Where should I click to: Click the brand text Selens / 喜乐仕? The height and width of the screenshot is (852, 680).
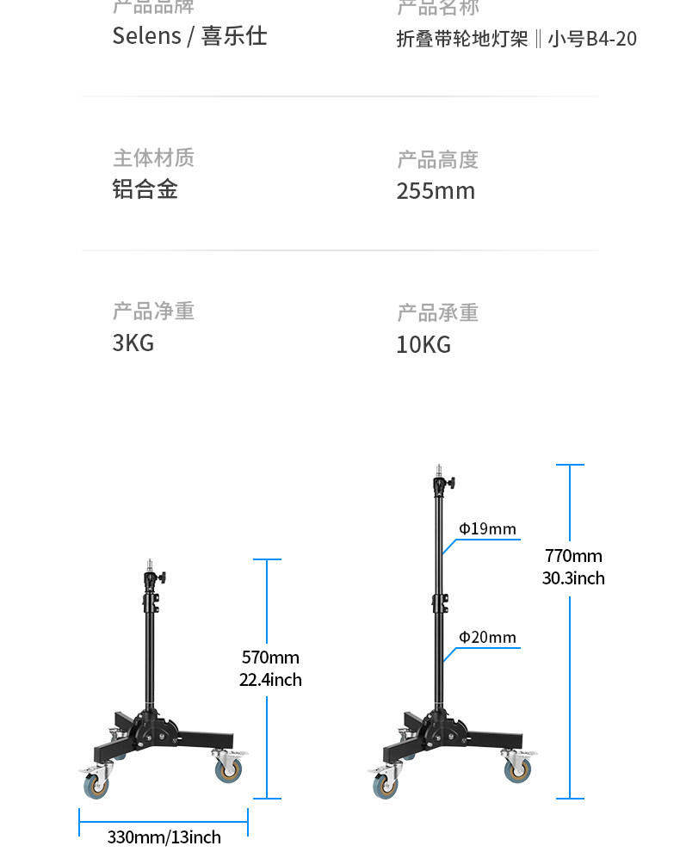point(189,36)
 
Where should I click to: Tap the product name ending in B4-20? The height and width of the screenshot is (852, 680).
point(516,39)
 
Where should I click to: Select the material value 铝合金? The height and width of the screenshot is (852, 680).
point(145,189)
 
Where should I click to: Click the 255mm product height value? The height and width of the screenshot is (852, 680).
point(436,191)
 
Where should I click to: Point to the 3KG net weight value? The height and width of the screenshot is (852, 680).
point(133,343)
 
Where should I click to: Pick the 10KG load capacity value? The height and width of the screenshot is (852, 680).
point(423,344)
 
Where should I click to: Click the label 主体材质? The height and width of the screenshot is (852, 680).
point(153,157)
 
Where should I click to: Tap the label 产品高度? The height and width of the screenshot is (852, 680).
point(437,159)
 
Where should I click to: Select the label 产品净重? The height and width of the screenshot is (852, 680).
point(153,311)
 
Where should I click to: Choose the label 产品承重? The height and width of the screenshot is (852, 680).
point(437,312)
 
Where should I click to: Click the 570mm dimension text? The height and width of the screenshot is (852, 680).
point(270,658)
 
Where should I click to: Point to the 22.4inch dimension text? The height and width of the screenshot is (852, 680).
point(270,680)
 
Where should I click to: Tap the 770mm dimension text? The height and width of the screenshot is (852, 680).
point(573,556)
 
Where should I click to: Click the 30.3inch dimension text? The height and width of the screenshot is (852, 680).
point(573,578)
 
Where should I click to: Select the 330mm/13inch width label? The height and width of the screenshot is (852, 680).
point(164,837)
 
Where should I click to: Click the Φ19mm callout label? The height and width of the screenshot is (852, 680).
point(487,528)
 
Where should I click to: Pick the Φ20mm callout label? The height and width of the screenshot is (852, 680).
point(487,637)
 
